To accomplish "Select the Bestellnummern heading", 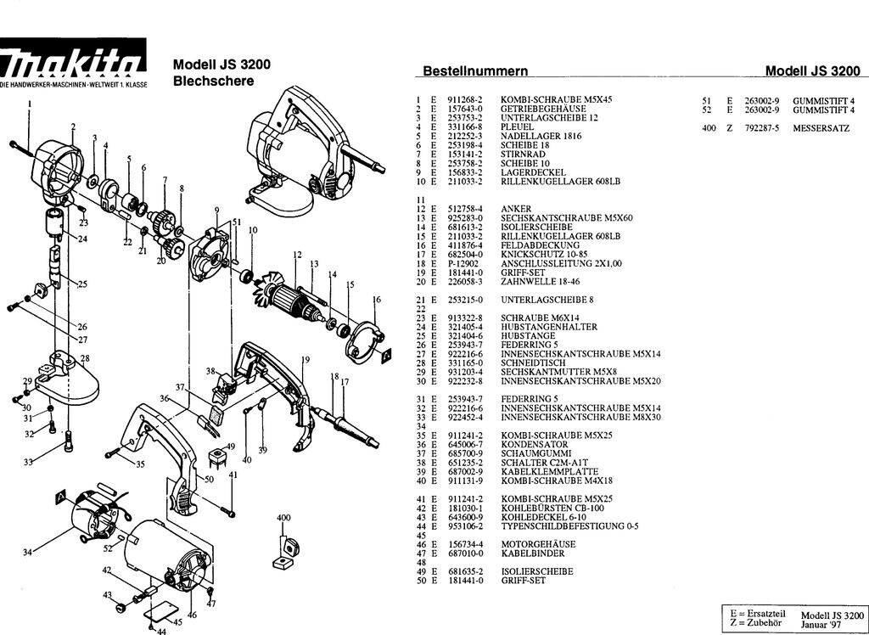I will (475, 71).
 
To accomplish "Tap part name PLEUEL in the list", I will (517, 126).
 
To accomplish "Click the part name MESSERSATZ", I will (821, 127).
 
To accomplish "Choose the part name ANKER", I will (516, 209).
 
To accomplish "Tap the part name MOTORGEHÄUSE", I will (538, 544).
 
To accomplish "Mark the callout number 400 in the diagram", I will (283, 517).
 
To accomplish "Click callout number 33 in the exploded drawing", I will (28, 463).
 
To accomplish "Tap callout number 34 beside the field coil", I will (28, 553).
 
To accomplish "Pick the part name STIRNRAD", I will (519, 154).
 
